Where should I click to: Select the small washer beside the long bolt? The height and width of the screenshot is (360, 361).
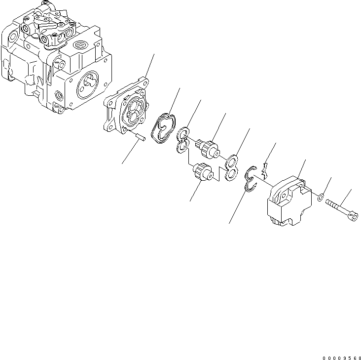coord(321,198)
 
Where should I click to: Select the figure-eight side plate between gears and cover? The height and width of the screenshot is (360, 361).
coord(230,167)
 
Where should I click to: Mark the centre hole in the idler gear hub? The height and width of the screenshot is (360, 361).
coord(209,174)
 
